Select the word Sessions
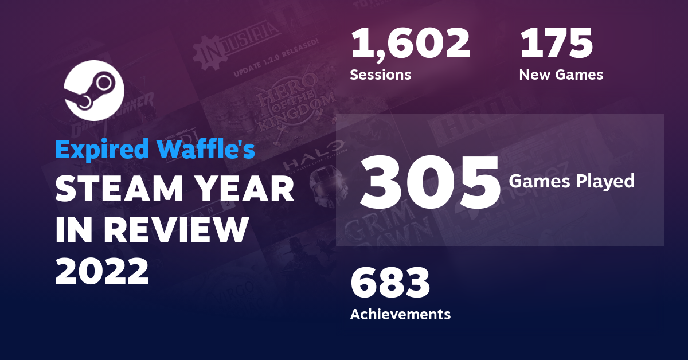(x=380, y=75)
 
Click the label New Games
(x=561, y=75)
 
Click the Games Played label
(x=572, y=181)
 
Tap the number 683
(x=390, y=283)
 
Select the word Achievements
(x=400, y=314)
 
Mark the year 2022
(x=102, y=270)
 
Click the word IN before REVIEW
(x=73, y=230)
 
